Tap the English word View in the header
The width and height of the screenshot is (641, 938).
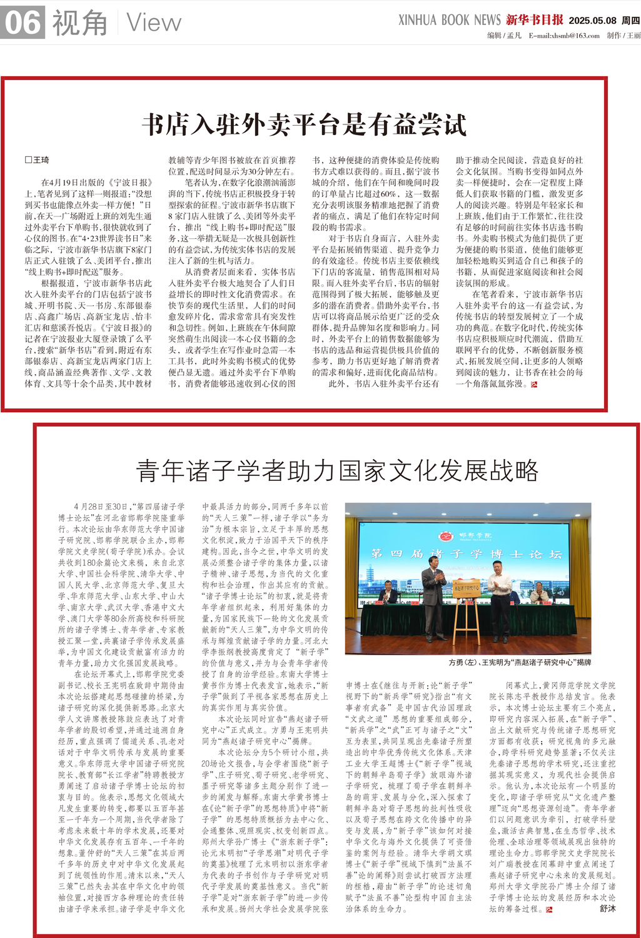tap(154, 23)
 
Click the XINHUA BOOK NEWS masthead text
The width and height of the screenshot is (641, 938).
tap(449, 20)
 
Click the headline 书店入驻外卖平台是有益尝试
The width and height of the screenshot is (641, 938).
tap(305, 124)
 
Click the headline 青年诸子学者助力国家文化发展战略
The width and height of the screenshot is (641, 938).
tap(338, 470)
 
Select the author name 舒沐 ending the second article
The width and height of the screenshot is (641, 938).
tap(607, 908)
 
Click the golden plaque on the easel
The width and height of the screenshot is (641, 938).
tap(467, 588)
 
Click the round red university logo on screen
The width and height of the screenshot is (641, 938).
tap(446, 537)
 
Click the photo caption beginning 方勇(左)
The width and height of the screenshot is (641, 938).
tap(519, 662)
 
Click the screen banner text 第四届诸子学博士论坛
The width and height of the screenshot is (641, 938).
tap(466, 554)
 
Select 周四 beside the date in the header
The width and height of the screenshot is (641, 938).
tap(630, 21)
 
